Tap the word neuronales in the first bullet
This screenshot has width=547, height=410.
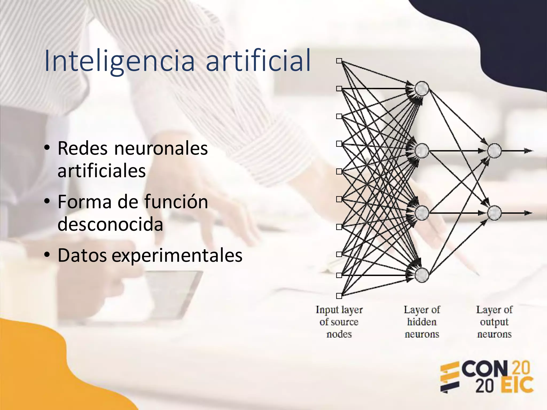click(161, 148)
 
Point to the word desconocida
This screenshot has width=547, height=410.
click(110, 224)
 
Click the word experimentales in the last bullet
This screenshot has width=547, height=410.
click(177, 255)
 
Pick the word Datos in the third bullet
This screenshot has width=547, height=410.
click(82, 255)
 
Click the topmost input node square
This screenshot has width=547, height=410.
click(339, 61)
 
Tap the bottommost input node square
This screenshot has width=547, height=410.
click(339, 296)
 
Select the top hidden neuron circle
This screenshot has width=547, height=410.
click(422, 88)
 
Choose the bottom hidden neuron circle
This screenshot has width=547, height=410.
click(422, 275)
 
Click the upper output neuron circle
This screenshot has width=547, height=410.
click(494, 151)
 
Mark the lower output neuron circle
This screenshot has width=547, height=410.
click(494, 213)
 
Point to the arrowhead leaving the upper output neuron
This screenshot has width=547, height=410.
click(528, 151)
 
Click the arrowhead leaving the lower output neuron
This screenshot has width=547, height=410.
click(528, 213)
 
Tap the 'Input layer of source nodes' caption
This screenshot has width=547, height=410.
click(339, 322)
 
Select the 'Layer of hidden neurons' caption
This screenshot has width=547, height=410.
click(422, 322)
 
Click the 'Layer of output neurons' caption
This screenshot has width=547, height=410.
click(494, 322)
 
